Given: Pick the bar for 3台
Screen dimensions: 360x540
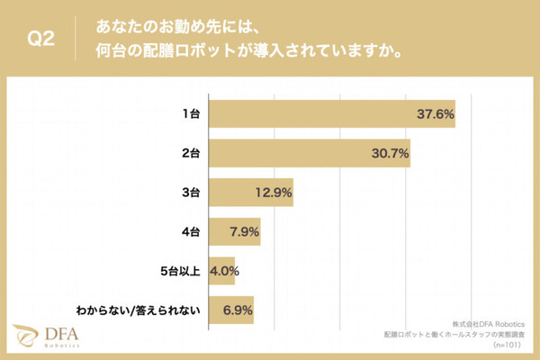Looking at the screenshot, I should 251,193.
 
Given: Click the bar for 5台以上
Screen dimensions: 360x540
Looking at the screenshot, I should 221,271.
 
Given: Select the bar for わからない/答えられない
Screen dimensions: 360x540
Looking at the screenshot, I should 231,310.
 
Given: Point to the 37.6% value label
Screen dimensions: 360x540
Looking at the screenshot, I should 434,114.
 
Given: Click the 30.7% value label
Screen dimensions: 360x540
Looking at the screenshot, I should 389,154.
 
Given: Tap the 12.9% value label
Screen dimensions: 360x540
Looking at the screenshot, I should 272,193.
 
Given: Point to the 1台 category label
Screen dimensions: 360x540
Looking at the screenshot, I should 191,114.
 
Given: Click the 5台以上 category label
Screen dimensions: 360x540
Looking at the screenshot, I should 183,271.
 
